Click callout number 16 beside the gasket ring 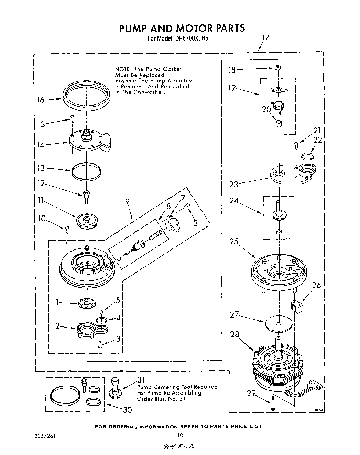pos(41,100)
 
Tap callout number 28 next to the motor pos(234,334)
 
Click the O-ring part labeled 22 pos(308,157)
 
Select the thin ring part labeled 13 pos(86,170)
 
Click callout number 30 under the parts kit pos(127,410)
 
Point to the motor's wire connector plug pos(316,385)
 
